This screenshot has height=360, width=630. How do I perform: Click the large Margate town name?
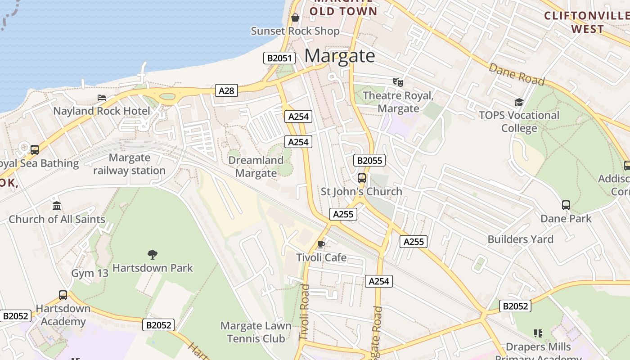(340, 56)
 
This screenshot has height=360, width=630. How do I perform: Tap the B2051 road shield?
(279, 58)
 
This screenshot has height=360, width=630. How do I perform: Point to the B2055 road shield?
(369, 160)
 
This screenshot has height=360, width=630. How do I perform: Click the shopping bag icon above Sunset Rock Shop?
(295, 18)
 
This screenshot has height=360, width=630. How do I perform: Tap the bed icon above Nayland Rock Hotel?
(102, 98)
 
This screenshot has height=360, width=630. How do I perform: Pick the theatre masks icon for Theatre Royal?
(398, 82)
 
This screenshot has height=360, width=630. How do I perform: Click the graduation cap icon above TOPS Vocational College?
(519, 102)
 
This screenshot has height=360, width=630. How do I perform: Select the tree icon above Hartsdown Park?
(153, 254)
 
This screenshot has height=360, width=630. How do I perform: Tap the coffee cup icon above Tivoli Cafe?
(321, 244)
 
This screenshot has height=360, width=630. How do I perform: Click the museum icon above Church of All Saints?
(57, 206)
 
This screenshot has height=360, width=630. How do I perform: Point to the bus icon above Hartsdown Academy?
(63, 295)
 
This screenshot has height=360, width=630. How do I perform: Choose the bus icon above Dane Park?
(566, 205)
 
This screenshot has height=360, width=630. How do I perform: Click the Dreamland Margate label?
(256, 166)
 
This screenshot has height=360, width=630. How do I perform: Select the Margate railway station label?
(129, 164)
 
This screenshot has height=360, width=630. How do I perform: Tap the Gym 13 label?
(90, 273)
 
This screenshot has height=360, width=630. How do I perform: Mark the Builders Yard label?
(520, 239)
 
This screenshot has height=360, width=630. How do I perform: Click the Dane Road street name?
(517, 74)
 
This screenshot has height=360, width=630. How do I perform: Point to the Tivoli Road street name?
(305, 312)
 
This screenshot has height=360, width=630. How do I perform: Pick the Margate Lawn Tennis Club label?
(256, 332)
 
